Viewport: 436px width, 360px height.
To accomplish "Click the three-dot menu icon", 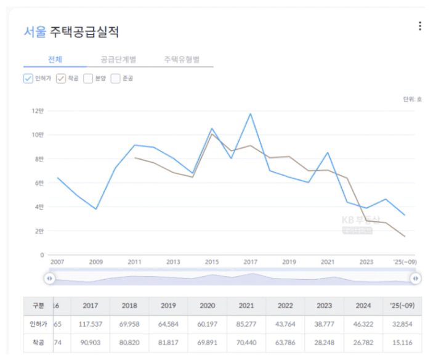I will [x=420, y=26].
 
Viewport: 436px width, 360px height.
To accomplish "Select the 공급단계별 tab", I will [x=118, y=60].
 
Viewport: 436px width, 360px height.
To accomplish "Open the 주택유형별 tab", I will [x=182, y=60].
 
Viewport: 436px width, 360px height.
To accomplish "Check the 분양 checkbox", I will [x=88, y=79].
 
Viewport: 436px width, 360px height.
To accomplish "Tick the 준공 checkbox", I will [x=115, y=79].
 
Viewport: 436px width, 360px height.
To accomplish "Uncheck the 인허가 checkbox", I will [x=28, y=79].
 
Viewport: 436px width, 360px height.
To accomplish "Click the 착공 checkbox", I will [x=61, y=79].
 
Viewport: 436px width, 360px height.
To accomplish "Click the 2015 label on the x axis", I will [x=212, y=262].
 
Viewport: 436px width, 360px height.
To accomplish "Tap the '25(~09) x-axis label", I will [x=405, y=262].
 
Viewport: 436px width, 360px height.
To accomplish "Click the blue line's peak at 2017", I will [x=251, y=113].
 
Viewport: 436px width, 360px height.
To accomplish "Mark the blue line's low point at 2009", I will [x=96, y=209].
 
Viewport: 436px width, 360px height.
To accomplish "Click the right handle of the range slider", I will [x=416, y=279].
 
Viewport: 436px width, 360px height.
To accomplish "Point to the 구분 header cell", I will [x=38, y=305].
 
